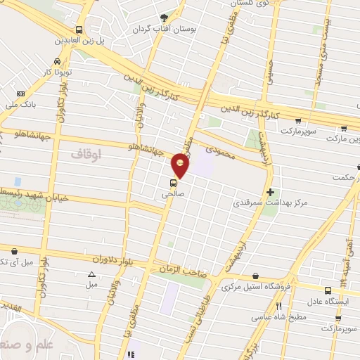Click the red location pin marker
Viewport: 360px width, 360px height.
coord(181,165)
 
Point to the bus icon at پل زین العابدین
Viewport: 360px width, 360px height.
coord(79,30)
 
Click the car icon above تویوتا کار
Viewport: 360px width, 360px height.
coord(56,60)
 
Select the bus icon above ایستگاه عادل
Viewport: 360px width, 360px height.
coord(328,290)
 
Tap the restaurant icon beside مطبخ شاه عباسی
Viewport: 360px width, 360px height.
coord(279,307)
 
